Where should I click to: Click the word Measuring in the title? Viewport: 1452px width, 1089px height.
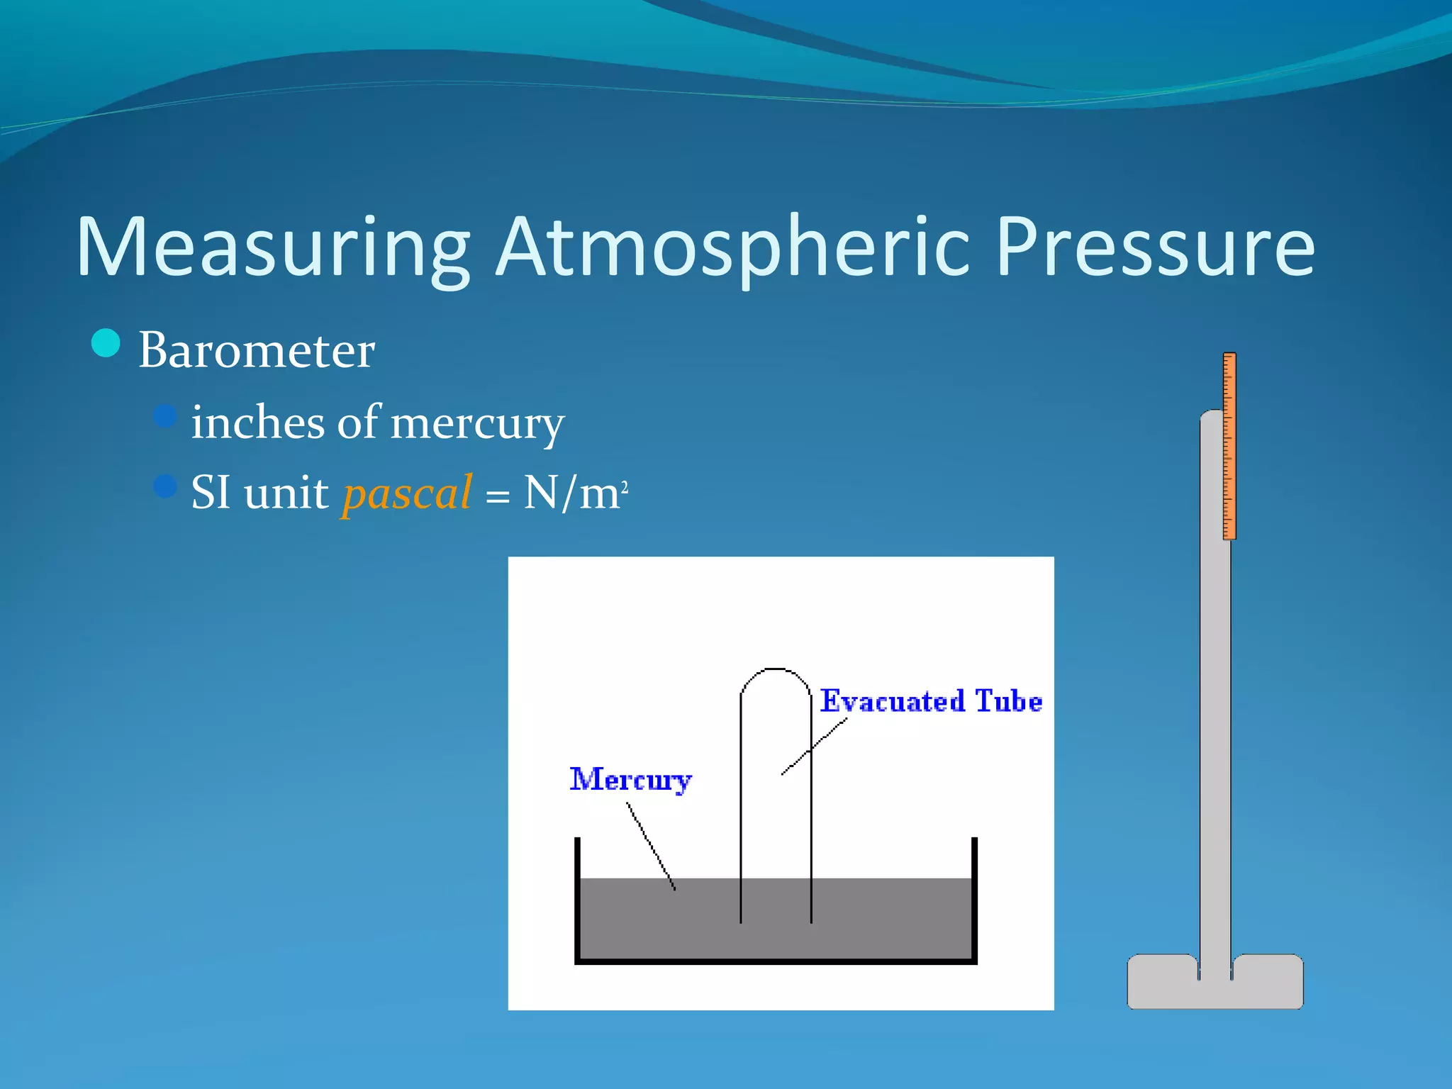click(273, 248)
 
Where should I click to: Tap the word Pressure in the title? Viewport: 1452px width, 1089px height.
click(1156, 248)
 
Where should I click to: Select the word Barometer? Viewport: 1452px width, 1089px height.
click(256, 350)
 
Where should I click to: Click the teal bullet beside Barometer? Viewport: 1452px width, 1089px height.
click(106, 344)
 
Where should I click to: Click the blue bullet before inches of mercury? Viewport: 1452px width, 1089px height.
click(164, 415)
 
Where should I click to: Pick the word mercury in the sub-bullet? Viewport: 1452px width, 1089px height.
click(476, 424)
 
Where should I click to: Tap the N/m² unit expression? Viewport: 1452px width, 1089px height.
click(574, 493)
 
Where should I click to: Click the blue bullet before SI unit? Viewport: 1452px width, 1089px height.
click(164, 486)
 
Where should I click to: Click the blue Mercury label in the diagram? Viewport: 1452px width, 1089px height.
click(630, 780)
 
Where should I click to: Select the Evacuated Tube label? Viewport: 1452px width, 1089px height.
click(931, 701)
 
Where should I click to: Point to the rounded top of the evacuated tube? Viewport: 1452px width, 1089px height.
click(776, 669)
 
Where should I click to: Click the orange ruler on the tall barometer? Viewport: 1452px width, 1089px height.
click(1229, 447)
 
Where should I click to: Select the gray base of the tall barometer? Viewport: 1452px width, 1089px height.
click(1215, 989)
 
